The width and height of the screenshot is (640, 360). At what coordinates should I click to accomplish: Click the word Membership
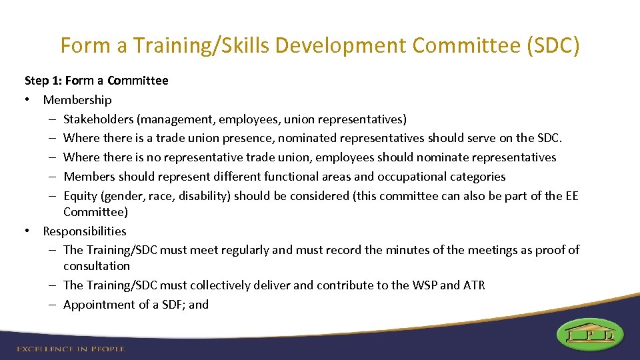pos(77,100)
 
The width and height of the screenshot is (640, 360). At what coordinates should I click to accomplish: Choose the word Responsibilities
pos(85,231)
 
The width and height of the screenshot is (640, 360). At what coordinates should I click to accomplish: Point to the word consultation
pos(97,266)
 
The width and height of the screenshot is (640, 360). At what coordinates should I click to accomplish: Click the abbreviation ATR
pos(474,285)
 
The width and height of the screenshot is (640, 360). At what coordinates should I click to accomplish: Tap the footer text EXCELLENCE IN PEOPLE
pos(71,349)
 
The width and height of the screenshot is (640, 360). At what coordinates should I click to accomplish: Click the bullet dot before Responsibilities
pos(29,231)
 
